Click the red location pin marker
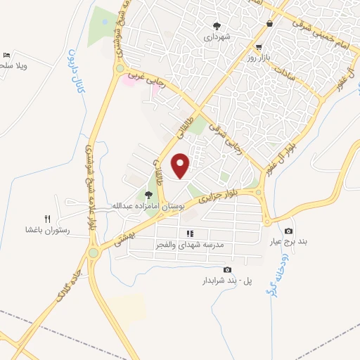(x=181, y=166)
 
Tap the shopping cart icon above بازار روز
(x=269, y=24)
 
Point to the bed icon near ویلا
(x=6, y=55)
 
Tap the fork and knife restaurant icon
(x=48, y=218)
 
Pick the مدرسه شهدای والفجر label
(x=189, y=245)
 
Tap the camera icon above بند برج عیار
(x=288, y=231)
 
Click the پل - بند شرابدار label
(x=224, y=281)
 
